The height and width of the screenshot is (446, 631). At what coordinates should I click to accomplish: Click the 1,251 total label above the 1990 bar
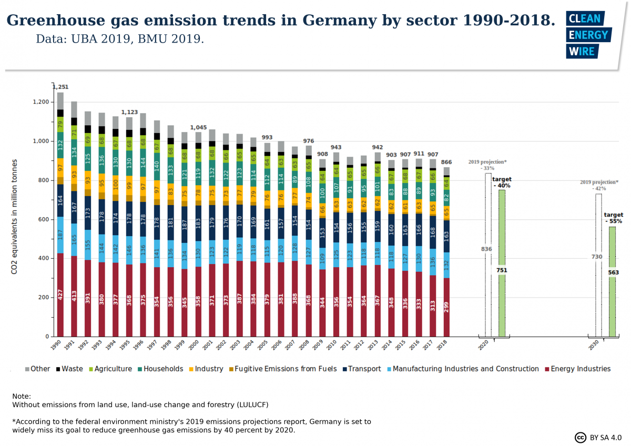tap(60, 87)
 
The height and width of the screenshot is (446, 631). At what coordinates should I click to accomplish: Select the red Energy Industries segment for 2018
tap(446, 308)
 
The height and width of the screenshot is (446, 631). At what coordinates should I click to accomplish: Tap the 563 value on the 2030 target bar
tap(614, 272)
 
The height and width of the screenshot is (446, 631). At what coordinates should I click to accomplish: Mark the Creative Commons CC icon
tap(581, 438)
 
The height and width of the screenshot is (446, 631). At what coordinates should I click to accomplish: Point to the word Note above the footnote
tap(22, 396)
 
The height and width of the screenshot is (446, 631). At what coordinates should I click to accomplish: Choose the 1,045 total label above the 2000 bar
tap(198, 128)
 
